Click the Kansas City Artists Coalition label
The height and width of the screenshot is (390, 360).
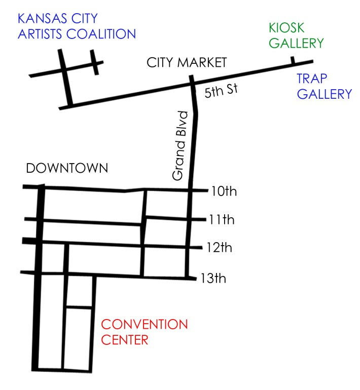77,27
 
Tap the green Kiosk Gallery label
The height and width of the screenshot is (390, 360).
296,35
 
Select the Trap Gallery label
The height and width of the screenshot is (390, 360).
324,86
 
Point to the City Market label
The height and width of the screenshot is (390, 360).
186,63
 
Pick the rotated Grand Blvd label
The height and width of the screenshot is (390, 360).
179,146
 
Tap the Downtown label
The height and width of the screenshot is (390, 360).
67,169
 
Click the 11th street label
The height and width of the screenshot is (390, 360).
222,220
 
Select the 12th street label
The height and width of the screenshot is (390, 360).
220,248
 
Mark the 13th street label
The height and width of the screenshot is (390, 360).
214,278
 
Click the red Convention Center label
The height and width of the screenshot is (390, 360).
145,332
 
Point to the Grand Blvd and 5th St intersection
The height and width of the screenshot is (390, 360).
192,84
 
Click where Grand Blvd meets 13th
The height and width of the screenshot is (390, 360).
188,278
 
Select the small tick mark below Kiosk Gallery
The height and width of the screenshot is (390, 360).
292,61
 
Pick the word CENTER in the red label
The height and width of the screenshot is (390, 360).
125,339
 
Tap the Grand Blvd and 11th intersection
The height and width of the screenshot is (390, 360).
189,219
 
